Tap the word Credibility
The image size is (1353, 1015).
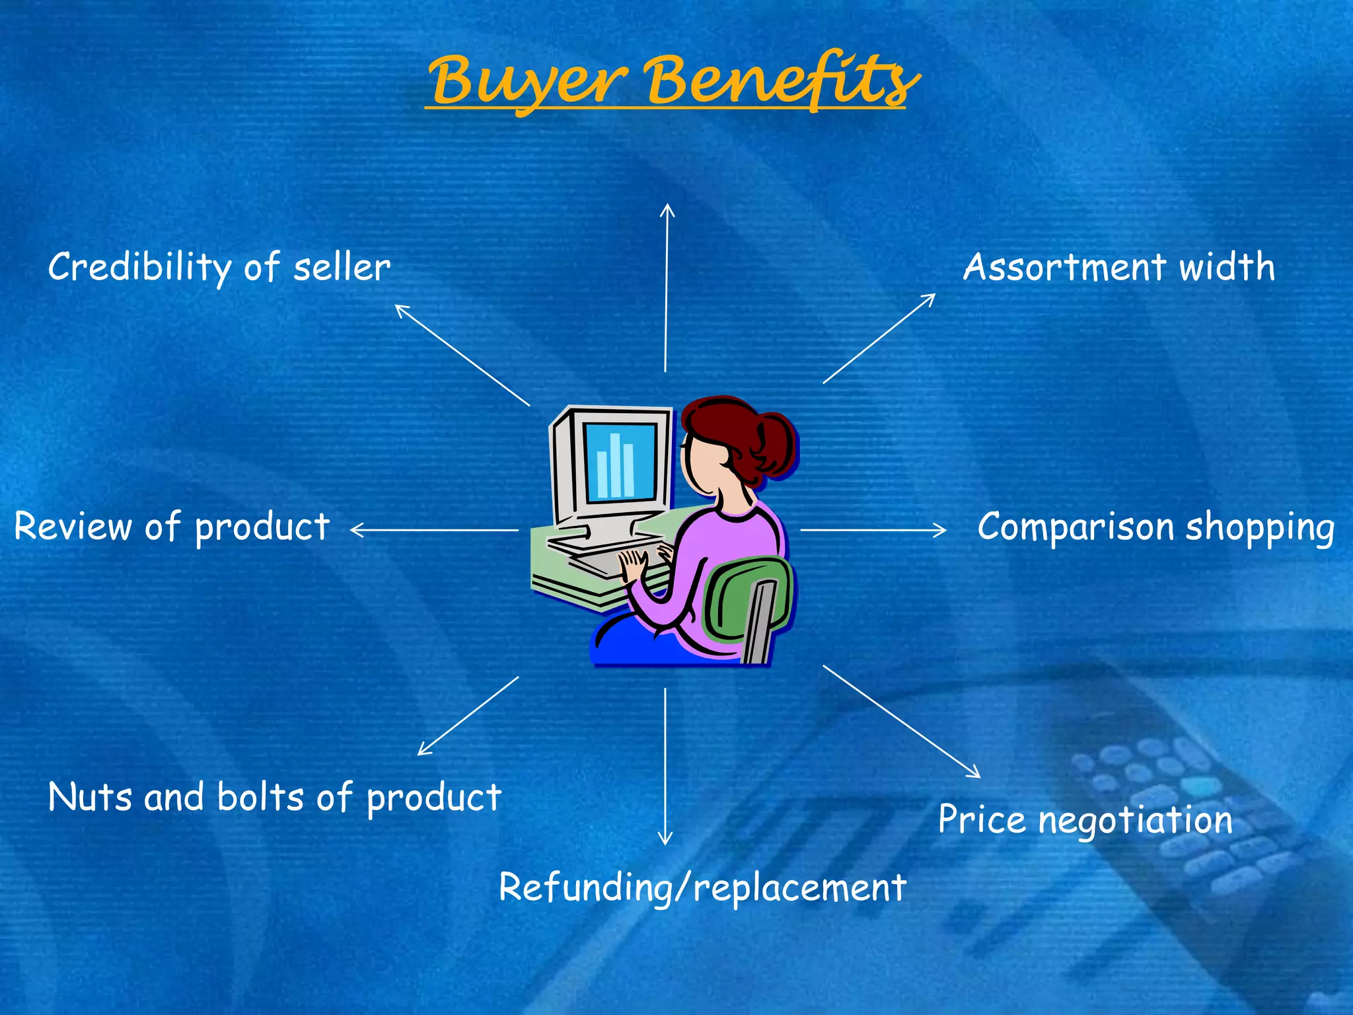139,268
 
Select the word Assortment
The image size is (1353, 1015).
1064,268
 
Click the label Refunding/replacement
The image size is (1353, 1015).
702,887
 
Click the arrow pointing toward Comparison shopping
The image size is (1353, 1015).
872,530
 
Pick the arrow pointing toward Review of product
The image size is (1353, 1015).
433,530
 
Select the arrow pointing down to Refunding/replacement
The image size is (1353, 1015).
665,767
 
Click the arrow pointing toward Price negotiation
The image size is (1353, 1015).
902,722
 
